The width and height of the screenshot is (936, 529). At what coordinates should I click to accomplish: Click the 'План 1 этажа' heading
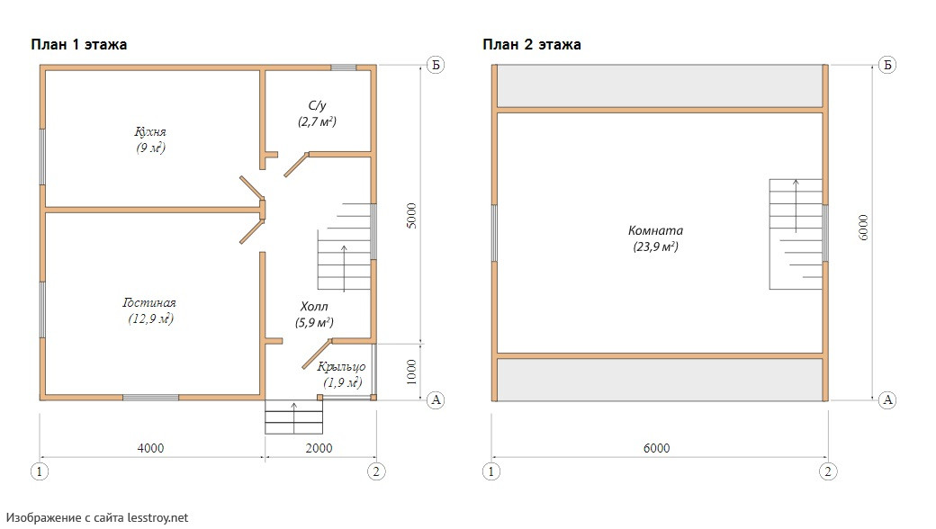tap(79, 45)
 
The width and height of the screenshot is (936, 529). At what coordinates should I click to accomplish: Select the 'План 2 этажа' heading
tap(532, 45)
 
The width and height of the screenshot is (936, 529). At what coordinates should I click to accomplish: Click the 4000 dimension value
tap(150, 448)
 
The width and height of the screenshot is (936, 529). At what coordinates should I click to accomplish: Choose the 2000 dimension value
tap(319, 448)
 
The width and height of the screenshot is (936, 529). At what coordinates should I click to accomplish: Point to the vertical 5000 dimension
tap(411, 216)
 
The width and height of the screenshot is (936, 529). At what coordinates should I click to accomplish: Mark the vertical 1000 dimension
tap(411, 372)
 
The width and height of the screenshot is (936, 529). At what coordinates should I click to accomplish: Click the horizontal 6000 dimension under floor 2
tap(656, 448)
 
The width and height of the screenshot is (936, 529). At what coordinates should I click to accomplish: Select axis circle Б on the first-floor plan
tap(436, 65)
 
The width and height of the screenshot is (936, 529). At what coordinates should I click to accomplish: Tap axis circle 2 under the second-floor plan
tap(827, 471)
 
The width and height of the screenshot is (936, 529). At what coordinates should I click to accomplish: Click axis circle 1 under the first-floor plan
tap(40, 471)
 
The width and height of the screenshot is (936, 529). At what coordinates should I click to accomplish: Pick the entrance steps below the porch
tap(293, 417)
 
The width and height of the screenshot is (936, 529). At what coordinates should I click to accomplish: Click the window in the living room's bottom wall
tap(150, 397)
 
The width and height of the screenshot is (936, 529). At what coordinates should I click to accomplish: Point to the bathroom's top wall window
tap(344, 67)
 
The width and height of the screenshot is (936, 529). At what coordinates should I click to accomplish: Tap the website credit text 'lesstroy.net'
tap(157, 517)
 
